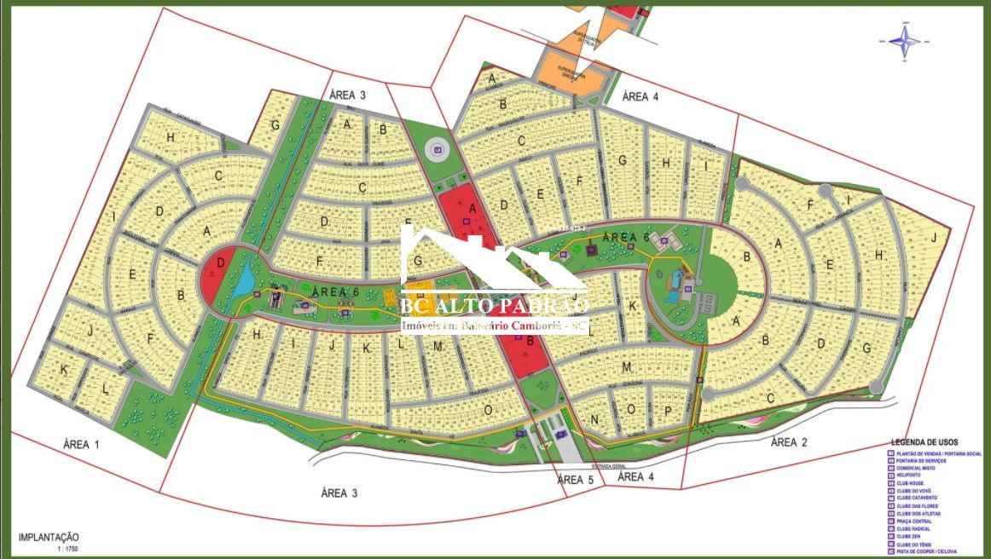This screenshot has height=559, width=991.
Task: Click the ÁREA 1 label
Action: pyautogui.click(x=82, y=444)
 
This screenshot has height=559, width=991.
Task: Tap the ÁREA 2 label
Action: pyautogui.click(x=789, y=441)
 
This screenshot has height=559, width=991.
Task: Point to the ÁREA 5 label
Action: pyautogui.click(x=576, y=480)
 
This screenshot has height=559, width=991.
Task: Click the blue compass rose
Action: pyautogui.click(x=904, y=39)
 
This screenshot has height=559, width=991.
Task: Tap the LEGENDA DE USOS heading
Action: pyautogui.click(x=924, y=442)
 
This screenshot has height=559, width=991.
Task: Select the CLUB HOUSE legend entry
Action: pyautogui.click(x=911, y=482)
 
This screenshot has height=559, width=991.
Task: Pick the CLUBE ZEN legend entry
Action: pyautogui.click(x=908, y=536)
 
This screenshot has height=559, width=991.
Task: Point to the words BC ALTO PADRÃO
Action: pyautogui.click(x=495, y=305)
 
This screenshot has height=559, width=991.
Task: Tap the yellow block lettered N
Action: pyautogui.click(x=594, y=419)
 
